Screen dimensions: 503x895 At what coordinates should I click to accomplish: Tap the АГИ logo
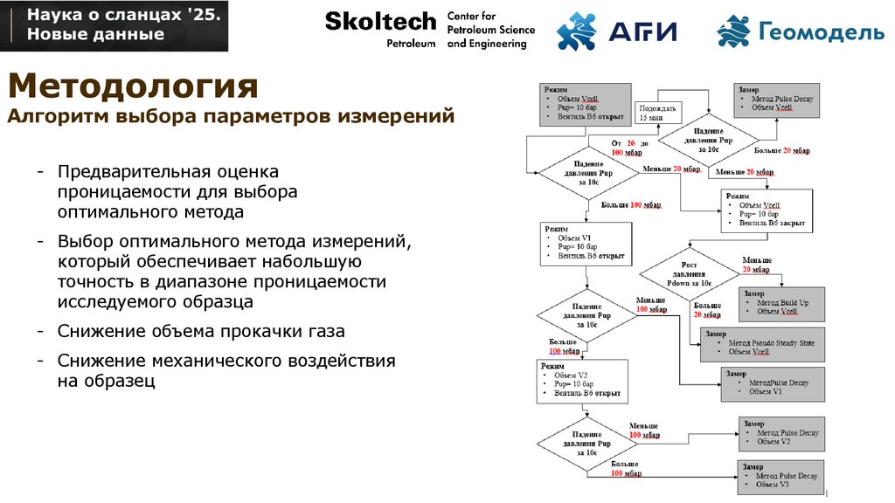pyautogui.click(x=616, y=31)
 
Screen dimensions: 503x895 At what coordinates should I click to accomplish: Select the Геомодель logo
pyautogui.click(x=801, y=31)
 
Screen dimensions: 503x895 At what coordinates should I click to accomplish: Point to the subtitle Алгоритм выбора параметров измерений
pyautogui.click(x=231, y=116)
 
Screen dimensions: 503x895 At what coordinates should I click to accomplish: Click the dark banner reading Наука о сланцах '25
pyautogui.click(x=114, y=25)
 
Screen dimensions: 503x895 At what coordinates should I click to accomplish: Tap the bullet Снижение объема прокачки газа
pyautogui.click(x=201, y=332)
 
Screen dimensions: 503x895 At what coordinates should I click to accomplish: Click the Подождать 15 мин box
pyautogui.click(x=657, y=112)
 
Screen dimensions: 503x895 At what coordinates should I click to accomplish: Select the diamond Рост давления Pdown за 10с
pyautogui.click(x=690, y=274)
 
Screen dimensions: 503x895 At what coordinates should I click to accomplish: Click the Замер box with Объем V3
pyautogui.click(x=781, y=476)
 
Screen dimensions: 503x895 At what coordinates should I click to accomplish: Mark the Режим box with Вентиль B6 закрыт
pyautogui.click(x=766, y=210)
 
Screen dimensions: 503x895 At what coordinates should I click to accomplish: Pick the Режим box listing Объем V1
pyautogui.click(x=586, y=243)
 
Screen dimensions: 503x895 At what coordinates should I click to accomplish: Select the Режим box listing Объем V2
pyautogui.click(x=582, y=381)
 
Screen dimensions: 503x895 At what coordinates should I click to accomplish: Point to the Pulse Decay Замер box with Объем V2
pyautogui.click(x=781, y=432)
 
